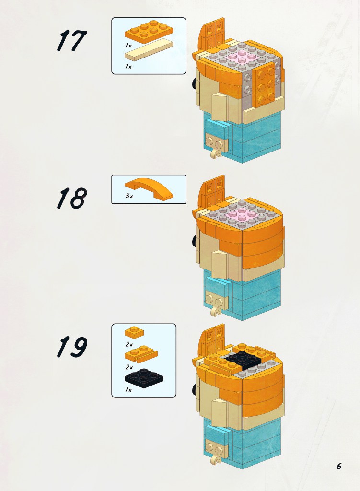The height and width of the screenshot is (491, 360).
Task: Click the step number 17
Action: [x=72, y=41]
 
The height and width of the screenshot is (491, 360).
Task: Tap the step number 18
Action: [x=72, y=198]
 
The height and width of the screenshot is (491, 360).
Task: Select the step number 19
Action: [x=72, y=347]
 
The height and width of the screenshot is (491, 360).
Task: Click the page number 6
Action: [x=339, y=466]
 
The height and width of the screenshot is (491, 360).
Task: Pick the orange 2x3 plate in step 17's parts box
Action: [x=149, y=32]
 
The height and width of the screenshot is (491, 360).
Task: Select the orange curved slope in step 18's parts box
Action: [x=149, y=188]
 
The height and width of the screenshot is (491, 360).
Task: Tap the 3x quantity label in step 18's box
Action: [x=129, y=196]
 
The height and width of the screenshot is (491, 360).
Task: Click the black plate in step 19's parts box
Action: [x=144, y=378]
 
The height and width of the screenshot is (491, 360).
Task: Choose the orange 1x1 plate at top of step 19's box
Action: [x=134, y=332]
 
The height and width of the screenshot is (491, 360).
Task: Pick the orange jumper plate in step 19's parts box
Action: [x=141, y=354]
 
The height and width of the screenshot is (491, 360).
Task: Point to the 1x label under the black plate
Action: [x=128, y=390]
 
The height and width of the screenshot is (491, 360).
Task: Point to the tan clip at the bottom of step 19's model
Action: [x=216, y=457]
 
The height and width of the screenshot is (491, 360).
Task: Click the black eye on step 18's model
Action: [x=195, y=241]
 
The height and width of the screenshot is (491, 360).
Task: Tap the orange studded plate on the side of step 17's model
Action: [x=266, y=83]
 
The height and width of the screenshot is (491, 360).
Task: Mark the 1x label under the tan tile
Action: [x=128, y=66]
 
